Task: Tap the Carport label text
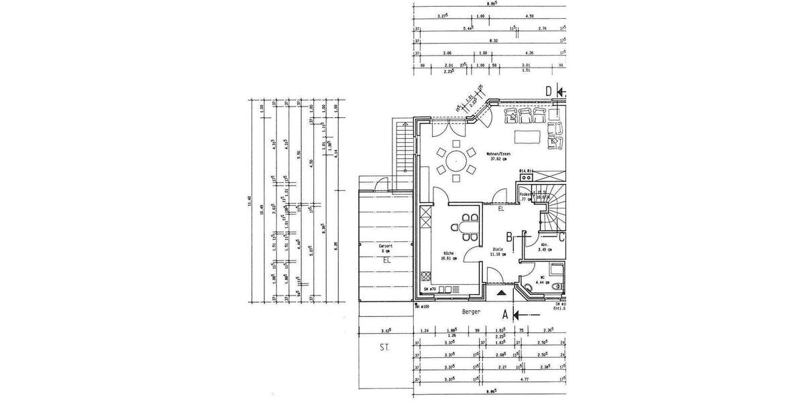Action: [385, 247]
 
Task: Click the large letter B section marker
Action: [510, 237]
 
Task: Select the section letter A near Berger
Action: [504, 313]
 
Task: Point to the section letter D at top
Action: [548, 92]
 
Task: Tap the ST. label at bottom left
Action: [384, 348]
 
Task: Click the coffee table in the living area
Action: [529, 137]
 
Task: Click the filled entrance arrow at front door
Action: [500, 293]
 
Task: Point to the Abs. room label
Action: [545, 245]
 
